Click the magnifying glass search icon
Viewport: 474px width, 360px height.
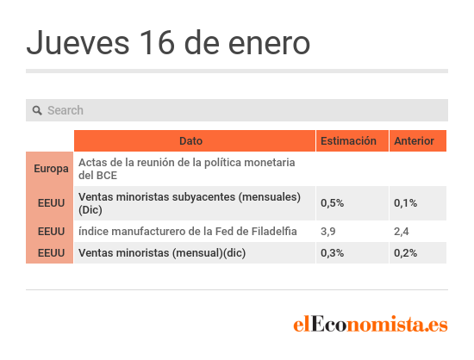[37, 110]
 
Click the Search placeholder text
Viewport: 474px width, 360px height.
[65, 110]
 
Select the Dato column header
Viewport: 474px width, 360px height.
[190, 140]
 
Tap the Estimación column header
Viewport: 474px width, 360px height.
[348, 140]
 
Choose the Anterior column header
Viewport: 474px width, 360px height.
[415, 140]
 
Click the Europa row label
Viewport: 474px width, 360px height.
[51, 169]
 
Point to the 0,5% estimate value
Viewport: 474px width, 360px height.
[332, 203]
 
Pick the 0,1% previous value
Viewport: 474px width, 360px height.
[405, 203]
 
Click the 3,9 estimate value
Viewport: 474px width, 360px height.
[328, 232]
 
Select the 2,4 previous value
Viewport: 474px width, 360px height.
[401, 232]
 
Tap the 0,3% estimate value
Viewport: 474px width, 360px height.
[332, 253]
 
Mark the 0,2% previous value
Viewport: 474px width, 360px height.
[405, 253]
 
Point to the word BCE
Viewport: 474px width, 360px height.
[106, 175]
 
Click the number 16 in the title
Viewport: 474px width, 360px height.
[157, 42]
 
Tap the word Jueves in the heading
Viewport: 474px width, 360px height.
[78, 42]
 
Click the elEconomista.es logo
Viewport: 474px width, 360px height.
[371, 324]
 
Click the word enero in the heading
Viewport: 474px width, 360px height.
[269, 44]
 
